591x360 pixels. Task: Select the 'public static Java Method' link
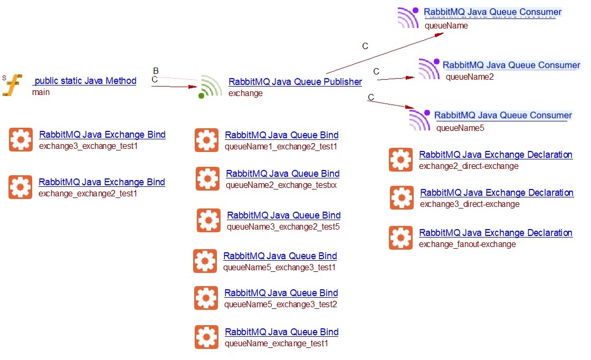click(x=85, y=81)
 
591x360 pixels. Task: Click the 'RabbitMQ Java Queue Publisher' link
click(x=295, y=82)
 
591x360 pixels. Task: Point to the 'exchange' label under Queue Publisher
click(x=245, y=93)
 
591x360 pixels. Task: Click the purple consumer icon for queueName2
click(x=428, y=69)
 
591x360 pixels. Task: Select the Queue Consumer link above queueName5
click(x=503, y=115)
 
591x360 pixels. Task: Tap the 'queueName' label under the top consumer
click(x=446, y=25)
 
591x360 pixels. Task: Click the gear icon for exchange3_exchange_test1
click(x=21, y=140)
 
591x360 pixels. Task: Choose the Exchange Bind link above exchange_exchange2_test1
click(x=102, y=182)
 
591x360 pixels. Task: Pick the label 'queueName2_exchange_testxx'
click(x=281, y=185)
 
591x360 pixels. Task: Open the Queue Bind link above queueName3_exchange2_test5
click(x=283, y=215)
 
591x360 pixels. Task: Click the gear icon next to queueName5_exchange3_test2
click(x=206, y=298)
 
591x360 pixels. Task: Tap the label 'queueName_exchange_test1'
click(x=277, y=344)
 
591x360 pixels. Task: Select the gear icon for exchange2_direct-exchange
click(x=401, y=160)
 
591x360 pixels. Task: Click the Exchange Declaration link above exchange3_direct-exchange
click(x=497, y=193)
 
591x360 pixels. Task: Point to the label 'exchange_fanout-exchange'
click(x=467, y=244)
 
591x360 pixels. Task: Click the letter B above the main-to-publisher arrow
click(x=156, y=71)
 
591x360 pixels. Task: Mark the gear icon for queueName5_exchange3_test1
click(x=205, y=261)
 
